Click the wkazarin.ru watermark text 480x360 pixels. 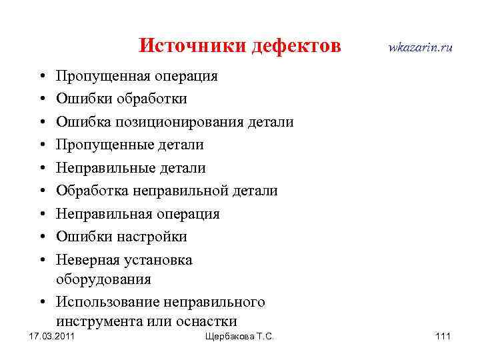(x=420, y=47)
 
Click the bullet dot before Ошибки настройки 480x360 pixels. (x=41, y=237)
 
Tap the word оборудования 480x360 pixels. (x=103, y=279)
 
